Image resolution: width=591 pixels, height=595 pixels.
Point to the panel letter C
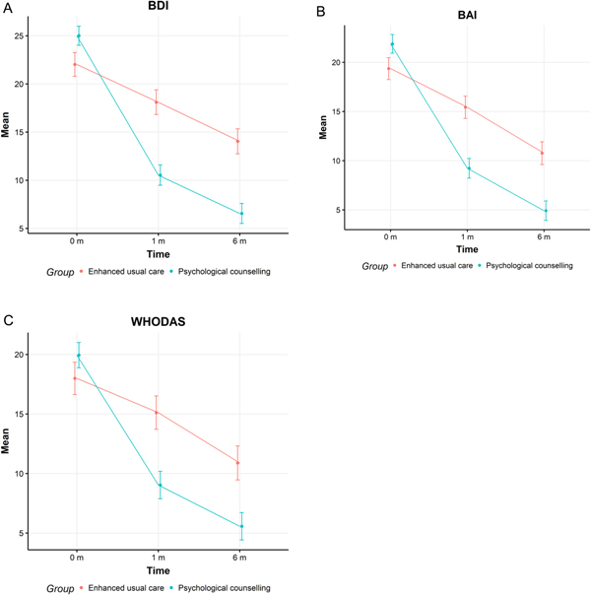[7, 321]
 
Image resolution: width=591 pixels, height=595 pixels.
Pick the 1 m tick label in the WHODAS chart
[159, 559]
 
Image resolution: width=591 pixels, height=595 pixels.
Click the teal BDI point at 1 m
[160, 176]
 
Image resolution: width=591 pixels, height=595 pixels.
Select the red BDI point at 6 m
[237, 141]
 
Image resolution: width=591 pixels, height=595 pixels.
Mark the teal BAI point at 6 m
[545, 211]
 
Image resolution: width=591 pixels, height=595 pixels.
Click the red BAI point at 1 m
[466, 107]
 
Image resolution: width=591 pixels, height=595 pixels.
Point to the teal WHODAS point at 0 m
[79, 356]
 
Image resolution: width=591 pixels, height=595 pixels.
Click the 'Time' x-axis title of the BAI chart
[468, 248]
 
